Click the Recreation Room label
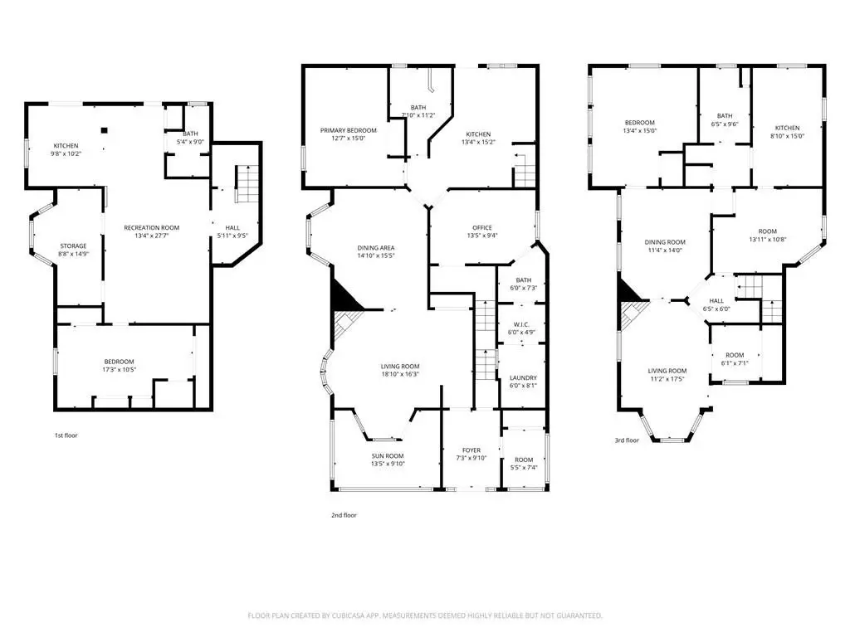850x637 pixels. point(151,227)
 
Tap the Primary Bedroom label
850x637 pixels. point(348,130)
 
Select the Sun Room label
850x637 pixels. point(388,456)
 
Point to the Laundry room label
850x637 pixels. point(523,377)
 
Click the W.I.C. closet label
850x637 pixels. point(521,324)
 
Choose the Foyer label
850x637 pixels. point(471,450)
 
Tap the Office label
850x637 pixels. point(482,227)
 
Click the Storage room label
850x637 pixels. point(73,246)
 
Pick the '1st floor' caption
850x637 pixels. point(66,435)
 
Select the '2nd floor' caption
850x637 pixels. point(344,515)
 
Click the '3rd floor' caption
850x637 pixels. point(627,440)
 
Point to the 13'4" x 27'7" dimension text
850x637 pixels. point(151,236)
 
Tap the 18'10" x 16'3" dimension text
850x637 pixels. point(400,374)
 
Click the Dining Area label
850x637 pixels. point(376,247)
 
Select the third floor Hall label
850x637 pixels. point(716,300)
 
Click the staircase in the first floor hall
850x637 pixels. point(247,184)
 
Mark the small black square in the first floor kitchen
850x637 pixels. point(105,130)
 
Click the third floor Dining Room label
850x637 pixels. point(665,242)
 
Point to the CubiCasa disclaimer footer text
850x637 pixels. point(425,615)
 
